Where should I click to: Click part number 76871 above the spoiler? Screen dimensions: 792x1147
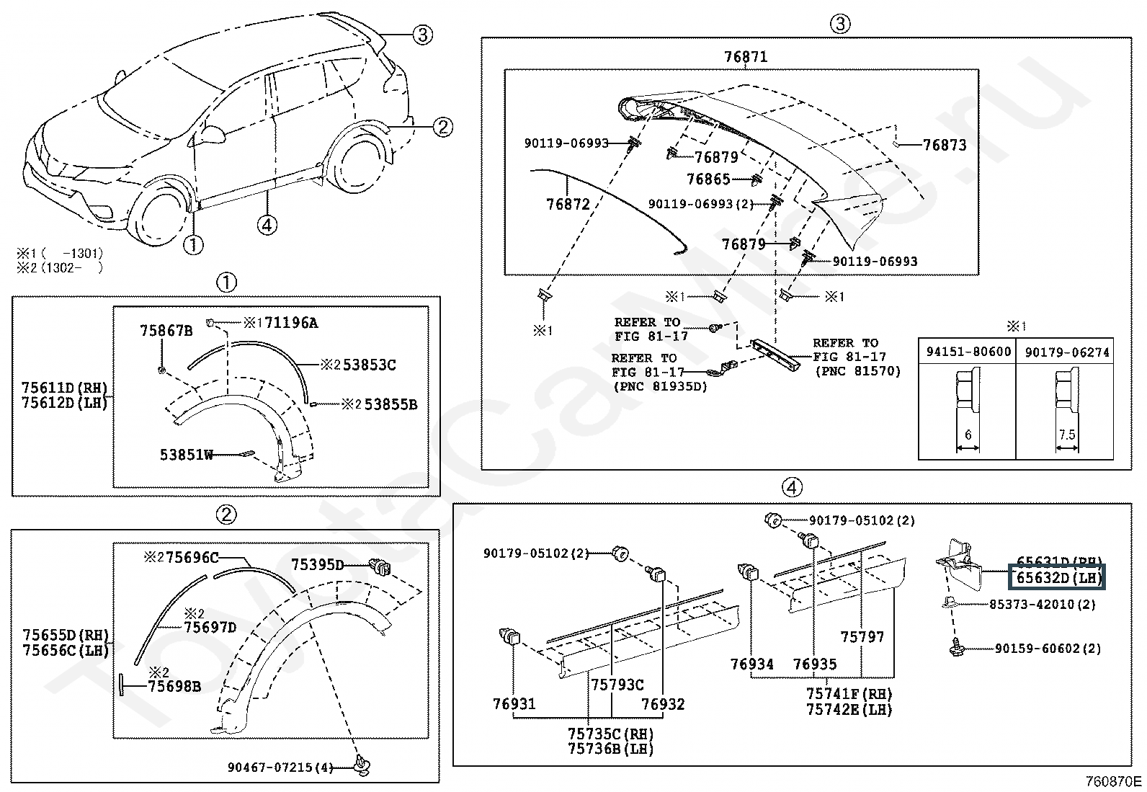[745, 56]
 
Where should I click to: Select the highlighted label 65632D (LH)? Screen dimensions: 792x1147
[1059, 578]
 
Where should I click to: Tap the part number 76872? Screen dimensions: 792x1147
[568, 204]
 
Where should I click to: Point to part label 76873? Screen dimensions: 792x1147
[945, 145]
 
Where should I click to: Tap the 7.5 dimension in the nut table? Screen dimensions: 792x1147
[1067, 435]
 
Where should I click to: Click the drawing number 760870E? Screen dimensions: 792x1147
[1114, 781]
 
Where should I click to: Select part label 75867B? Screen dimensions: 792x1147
[166, 331]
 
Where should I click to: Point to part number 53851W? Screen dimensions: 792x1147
[186, 455]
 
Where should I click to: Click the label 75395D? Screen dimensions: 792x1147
[318, 564]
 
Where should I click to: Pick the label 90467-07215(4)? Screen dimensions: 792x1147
[280, 767]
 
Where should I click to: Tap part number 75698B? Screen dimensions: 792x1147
[174, 686]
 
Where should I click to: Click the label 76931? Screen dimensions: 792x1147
[514, 703]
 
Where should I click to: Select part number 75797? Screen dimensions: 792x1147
[862, 636]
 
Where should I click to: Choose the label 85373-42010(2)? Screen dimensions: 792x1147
[1042, 605]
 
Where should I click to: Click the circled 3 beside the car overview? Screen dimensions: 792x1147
[422, 34]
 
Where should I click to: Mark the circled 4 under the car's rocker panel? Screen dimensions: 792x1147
[267, 226]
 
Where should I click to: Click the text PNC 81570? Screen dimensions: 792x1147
[857, 371]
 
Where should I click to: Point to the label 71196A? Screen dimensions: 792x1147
[290, 323]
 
